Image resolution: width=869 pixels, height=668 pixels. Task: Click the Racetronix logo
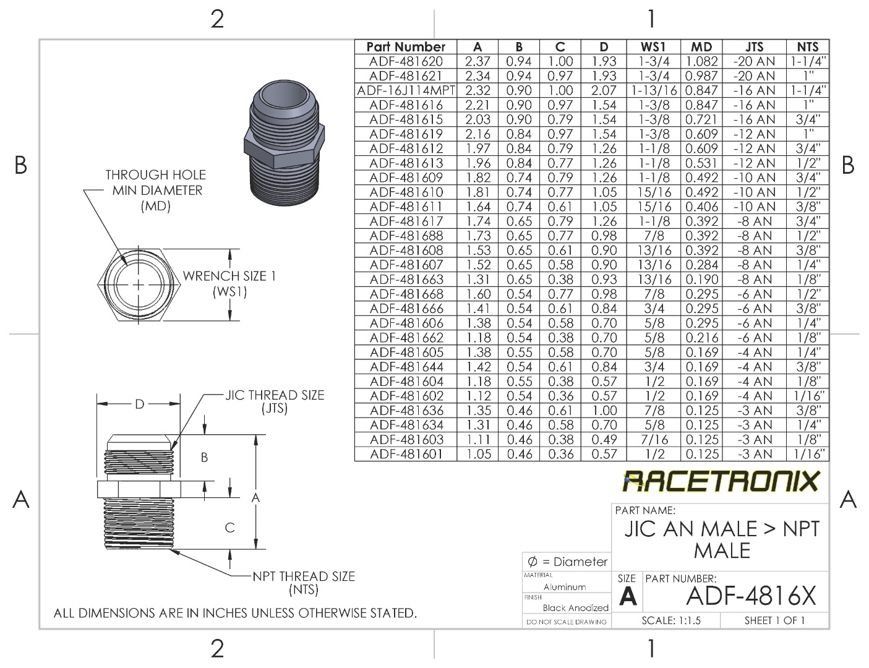[721, 481]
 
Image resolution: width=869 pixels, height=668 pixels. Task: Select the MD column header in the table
[701, 47]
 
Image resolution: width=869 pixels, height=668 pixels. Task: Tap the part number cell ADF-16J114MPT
[406, 90]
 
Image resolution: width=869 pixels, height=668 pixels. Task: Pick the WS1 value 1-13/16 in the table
[654, 90]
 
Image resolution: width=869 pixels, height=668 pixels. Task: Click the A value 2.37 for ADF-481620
[477, 61]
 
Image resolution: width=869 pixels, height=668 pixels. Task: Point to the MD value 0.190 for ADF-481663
[701, 280]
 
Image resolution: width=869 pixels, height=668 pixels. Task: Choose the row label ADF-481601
[406, 454]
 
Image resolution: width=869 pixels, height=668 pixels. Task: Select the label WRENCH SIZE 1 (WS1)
[229, 283]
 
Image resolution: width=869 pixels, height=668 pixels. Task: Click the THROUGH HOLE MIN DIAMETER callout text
[155, 191]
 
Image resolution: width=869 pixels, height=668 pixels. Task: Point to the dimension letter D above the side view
[140, 404]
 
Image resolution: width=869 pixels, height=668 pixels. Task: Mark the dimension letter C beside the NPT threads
[229, 528]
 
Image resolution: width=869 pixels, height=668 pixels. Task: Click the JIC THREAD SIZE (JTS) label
[274, 401]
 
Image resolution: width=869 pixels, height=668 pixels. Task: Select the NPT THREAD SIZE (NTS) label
[303, 583]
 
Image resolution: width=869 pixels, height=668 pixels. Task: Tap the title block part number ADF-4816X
[751, 596]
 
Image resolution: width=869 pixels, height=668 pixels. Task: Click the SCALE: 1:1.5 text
[671, 620]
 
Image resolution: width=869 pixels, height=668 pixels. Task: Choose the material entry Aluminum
[564, 587]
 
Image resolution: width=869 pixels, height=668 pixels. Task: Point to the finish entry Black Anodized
[575, 607]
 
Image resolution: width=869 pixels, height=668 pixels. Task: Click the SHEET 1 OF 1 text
[774, 620]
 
